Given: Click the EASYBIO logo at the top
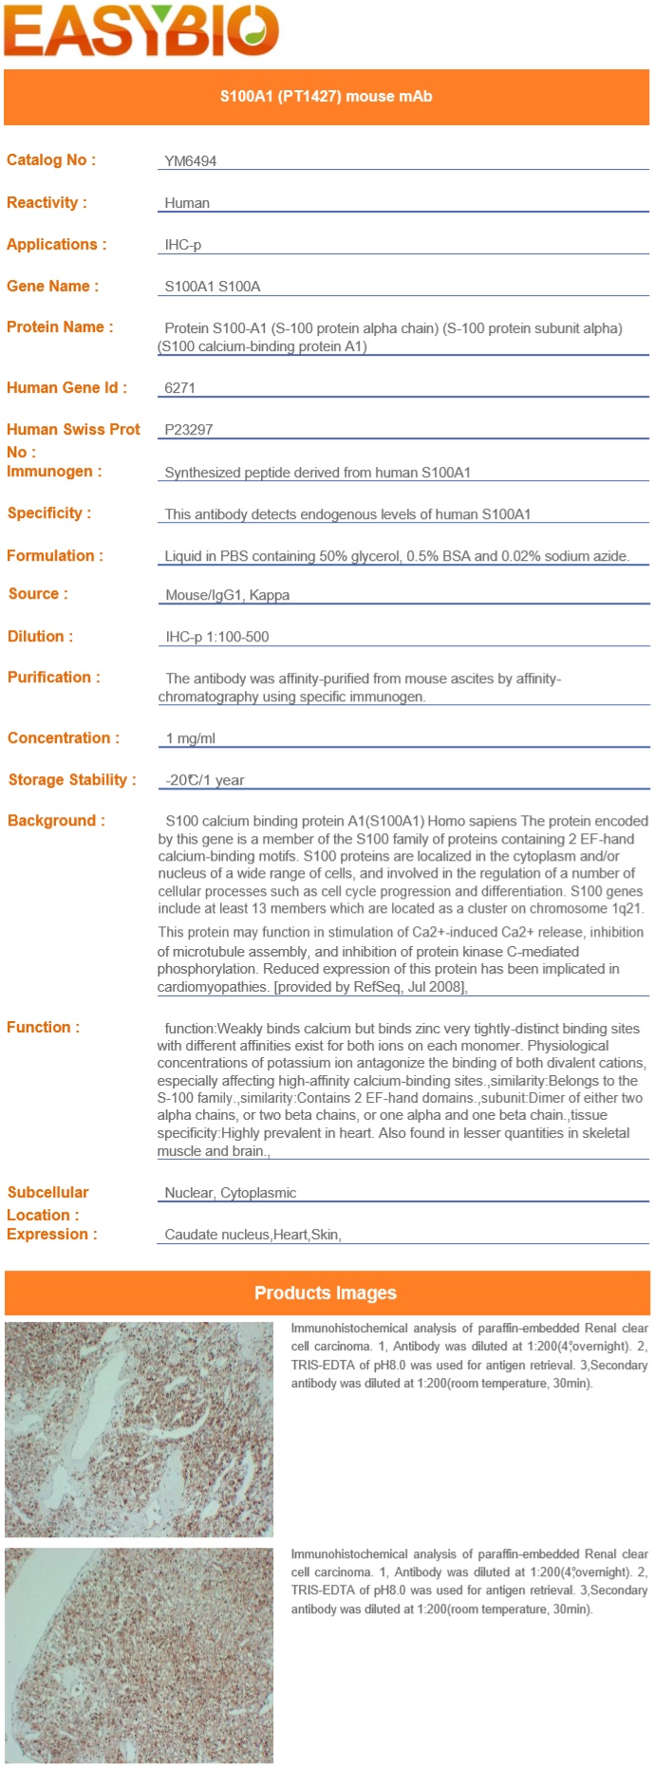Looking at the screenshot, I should click(x=140, y=30).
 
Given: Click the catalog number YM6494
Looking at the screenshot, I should click(x=190, y=161).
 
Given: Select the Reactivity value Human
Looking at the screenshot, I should click(x=187, y=203).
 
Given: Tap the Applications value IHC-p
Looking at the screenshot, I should click(x=183, y=245).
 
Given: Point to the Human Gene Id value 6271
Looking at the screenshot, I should click(x=179, y=388).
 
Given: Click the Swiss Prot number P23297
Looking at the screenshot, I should click(x=189, y=430).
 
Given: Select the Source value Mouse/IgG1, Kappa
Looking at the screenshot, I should click(x=227, y=595).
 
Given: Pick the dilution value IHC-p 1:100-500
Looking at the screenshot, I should click(x=217, y=637).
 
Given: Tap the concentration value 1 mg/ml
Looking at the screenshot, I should click(x=191, y=738).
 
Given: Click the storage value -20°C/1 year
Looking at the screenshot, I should click(x=205, y=780).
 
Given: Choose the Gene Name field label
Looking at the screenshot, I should click(x=52, y=286).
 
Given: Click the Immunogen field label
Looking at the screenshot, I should click(x=54, y=472).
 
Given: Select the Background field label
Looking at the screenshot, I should click(x=56, y=821).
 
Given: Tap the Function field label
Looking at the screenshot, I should click(x=43, y=1027).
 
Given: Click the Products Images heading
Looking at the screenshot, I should click(x=326, y=1292).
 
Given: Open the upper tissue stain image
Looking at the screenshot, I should click(x=139, y=1429).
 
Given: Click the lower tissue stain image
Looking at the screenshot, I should click(x=139, y=1656).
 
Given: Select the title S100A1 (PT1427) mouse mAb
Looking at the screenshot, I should click(x=326, y=97).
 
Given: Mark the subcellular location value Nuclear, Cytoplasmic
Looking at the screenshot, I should click(x=231, y=1193).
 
